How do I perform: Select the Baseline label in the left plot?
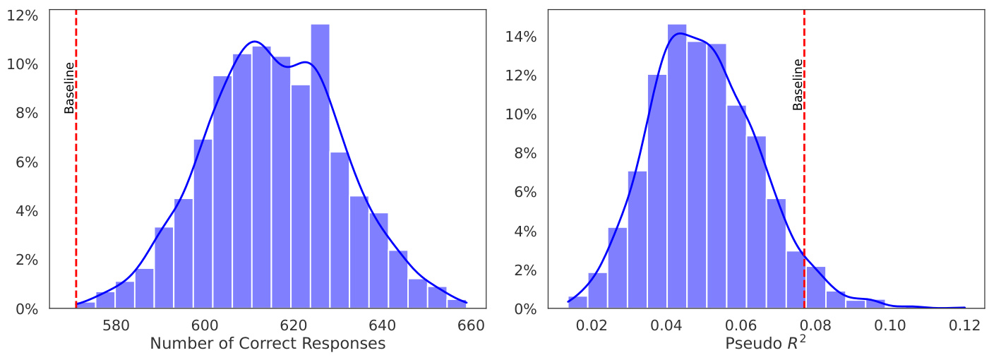tap(69, 88)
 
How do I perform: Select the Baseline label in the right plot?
tap(798, 84)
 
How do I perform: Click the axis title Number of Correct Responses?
tap(268, 344)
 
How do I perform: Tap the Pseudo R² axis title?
tap(765, 343)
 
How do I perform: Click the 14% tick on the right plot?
tap(522, 37)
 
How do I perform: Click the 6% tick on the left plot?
tap(26, 162)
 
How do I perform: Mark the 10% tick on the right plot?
tap(522, 114)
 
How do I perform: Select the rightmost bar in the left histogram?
tap(457, 304)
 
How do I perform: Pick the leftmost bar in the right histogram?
tap(577, 303)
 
